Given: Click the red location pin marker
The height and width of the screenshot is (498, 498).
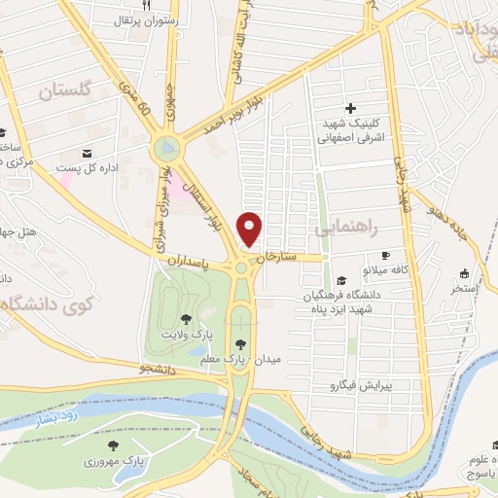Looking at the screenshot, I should (x=251, y=230).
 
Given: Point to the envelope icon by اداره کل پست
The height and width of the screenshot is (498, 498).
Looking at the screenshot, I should (x=88, y=154).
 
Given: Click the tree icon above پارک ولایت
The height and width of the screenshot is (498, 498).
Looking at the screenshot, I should (x=186, y=318).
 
